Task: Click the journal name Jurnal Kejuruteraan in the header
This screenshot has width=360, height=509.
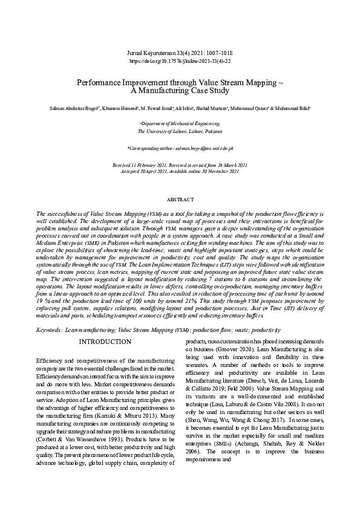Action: click(x=155, y=54)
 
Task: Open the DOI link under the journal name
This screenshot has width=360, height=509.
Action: click(x=180, y=61)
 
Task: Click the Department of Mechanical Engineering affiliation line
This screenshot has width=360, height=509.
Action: click(x=180, y=122)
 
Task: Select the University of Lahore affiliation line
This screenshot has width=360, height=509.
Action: click(x=180, y=131)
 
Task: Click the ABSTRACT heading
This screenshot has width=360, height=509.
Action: click(x=180, y=199)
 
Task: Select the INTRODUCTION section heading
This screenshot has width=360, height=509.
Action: click(x=105, y=342)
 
